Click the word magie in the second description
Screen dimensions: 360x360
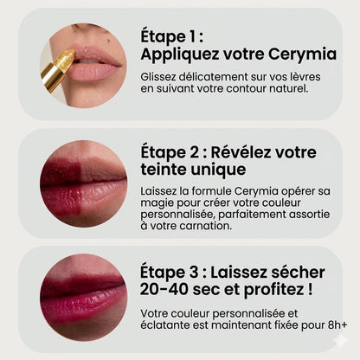[159, 202]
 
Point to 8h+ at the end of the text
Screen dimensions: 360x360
[334, 326]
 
